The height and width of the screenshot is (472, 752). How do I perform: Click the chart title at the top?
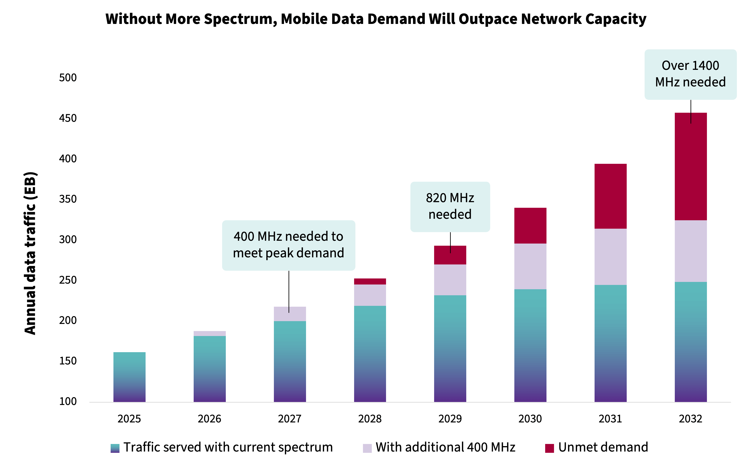(376, 19)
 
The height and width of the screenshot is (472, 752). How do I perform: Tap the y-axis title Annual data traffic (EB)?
(30, 253)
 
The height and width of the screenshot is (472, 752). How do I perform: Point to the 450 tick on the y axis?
(68, 118)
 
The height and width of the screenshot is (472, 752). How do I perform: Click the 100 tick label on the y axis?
(68, 402)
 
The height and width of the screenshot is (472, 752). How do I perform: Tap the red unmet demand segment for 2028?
(370, 281)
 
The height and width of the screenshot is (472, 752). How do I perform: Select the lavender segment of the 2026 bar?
(210, 333)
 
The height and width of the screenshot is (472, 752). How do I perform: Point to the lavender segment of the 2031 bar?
(610, 257)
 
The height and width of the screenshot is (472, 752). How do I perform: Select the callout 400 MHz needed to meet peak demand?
(288, 245)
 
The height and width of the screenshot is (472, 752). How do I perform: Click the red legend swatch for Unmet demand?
(549, 448)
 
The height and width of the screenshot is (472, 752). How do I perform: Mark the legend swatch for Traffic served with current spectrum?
(115, 448)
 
